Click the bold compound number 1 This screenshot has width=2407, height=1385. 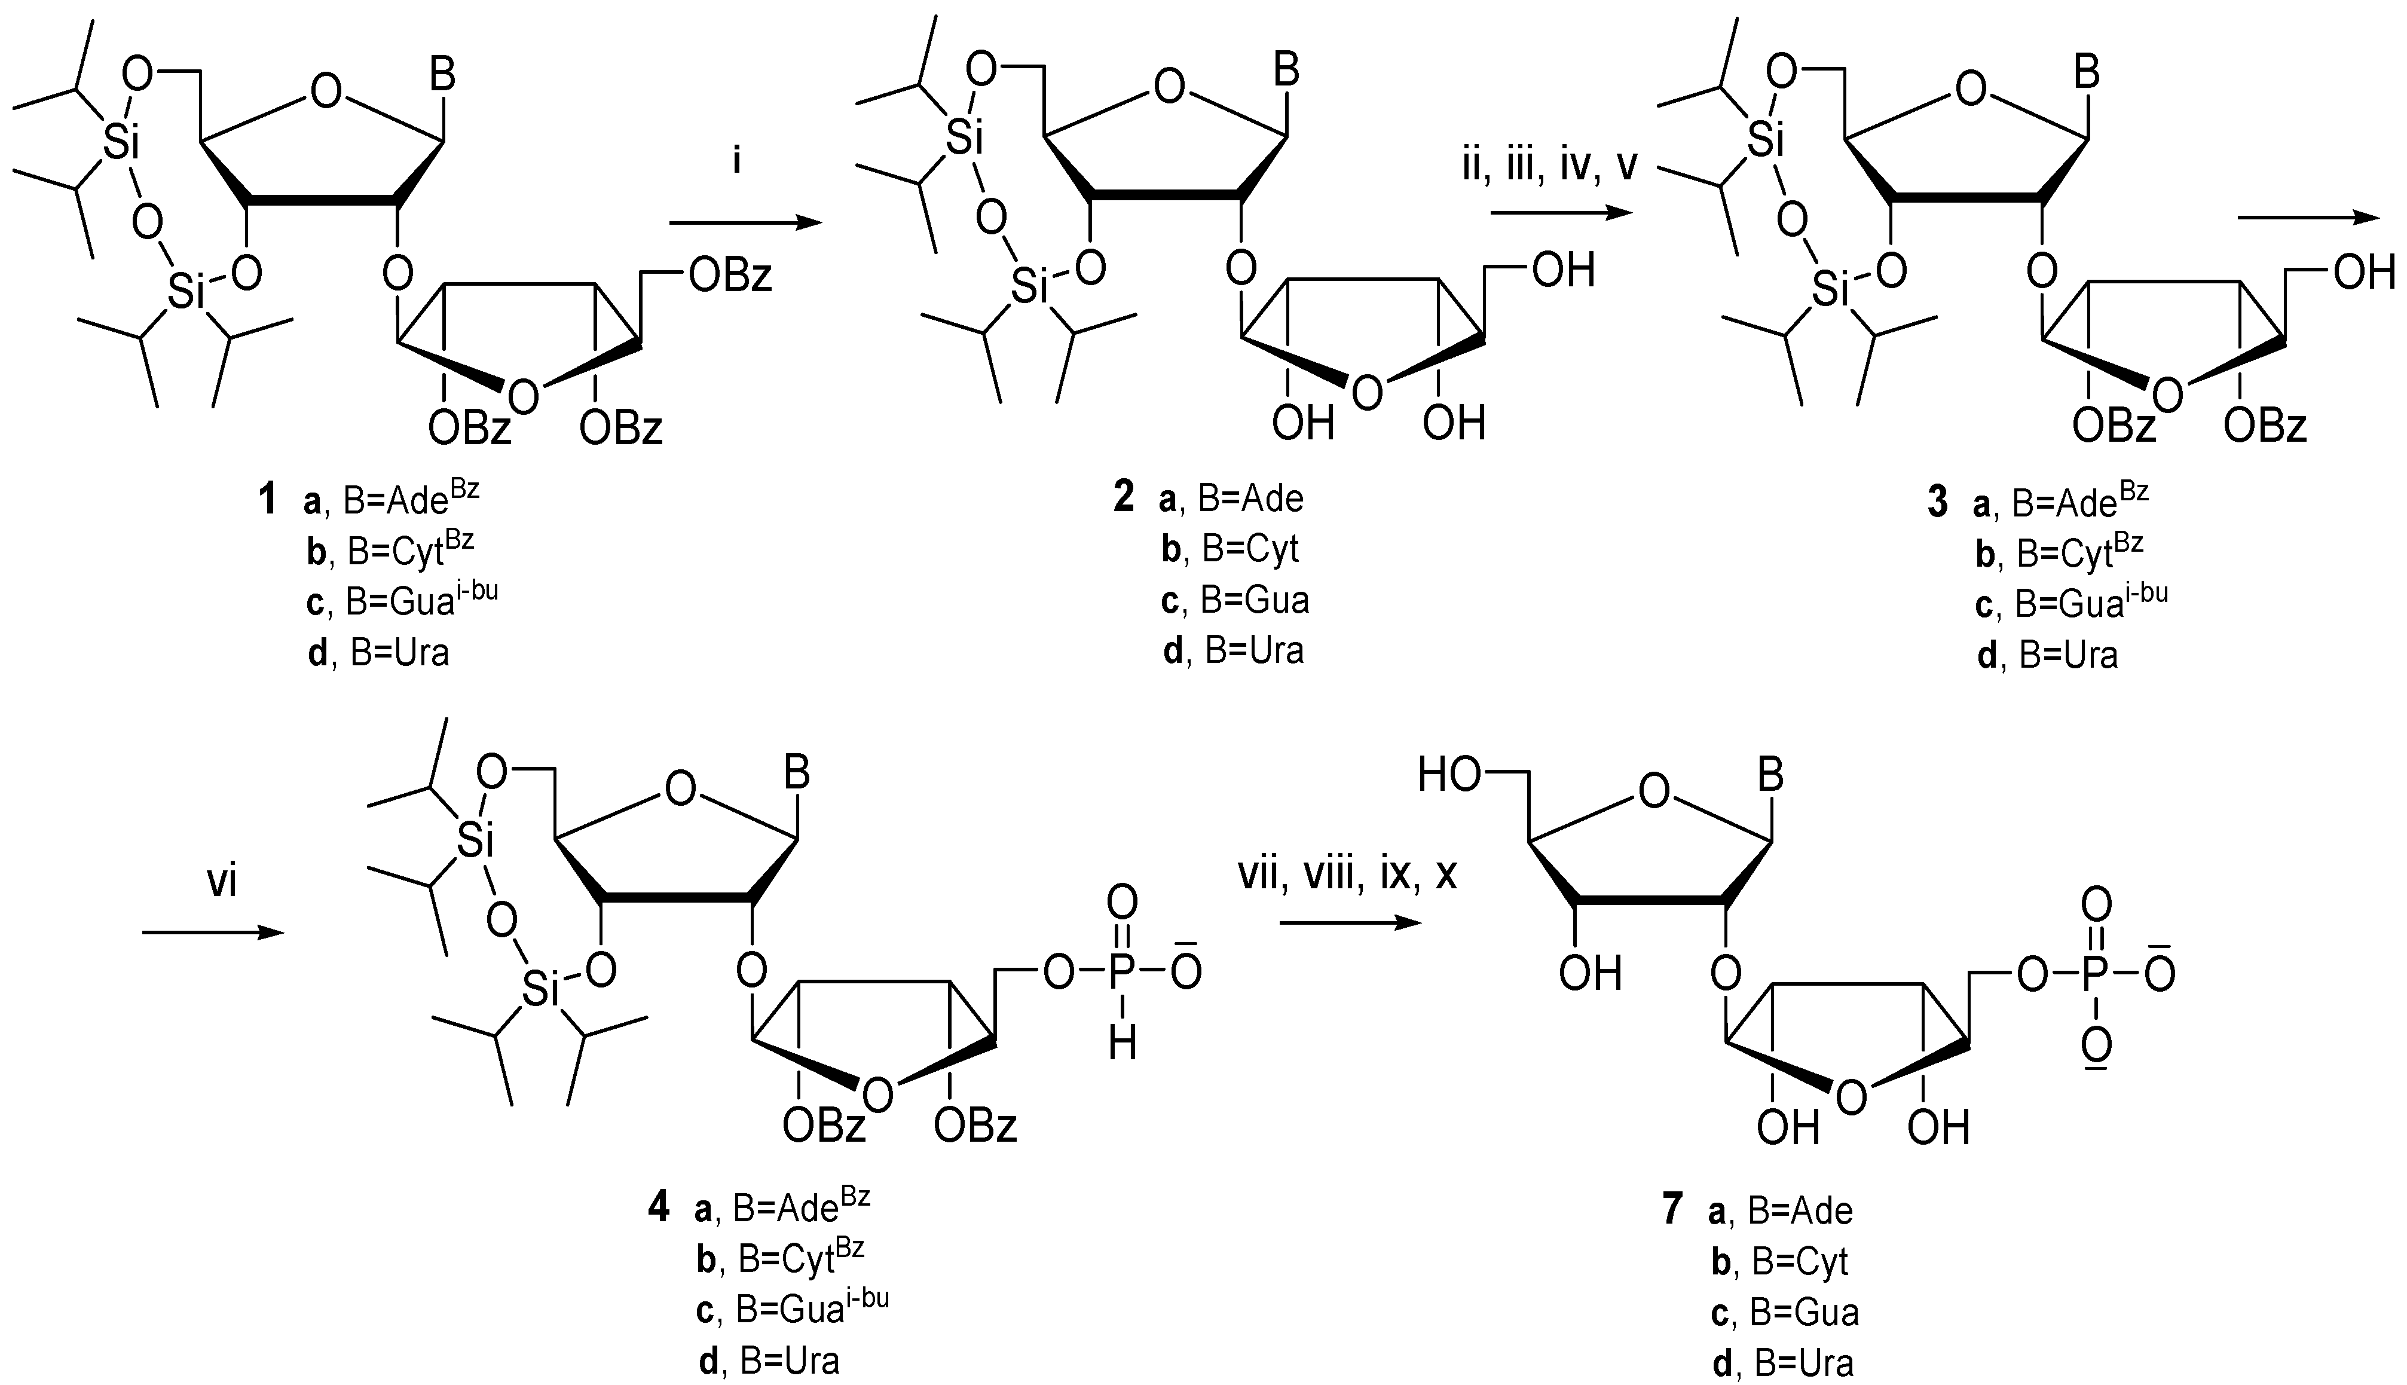pyautogui.click(x=267, y=499)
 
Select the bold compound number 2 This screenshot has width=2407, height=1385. pyautogui.click(x=1124, y=497)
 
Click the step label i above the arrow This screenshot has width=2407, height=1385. pyautogui.click(x=735, y=162)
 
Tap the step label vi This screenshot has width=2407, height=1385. pyautogui.click(x=222, y=883)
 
